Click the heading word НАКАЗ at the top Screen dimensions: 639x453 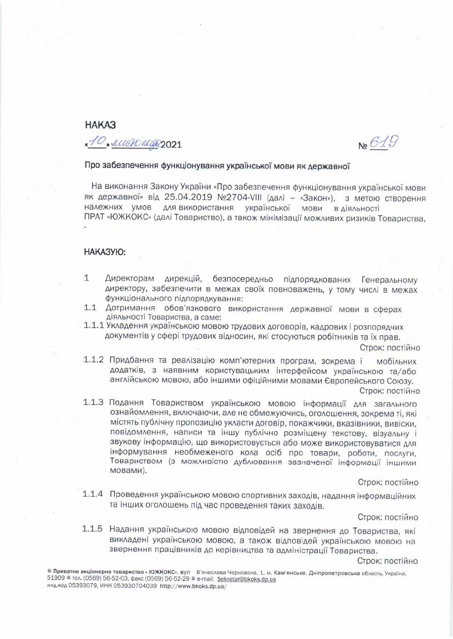pos(100,124)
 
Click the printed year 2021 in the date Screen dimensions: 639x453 pos(173,145)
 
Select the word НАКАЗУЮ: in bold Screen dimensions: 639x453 pos(106,251)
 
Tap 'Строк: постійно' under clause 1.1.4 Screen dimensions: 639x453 pos(388,518)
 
